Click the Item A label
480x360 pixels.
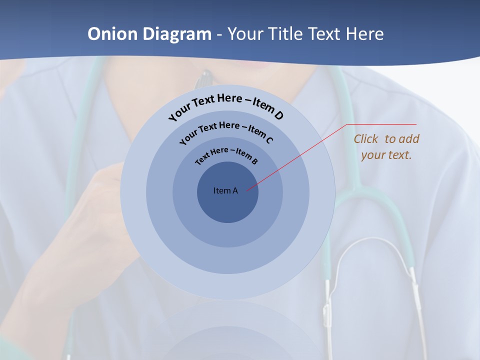pos(225,190)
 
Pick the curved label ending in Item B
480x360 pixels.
pos(226,154)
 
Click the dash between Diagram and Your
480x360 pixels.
pos(219,34)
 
